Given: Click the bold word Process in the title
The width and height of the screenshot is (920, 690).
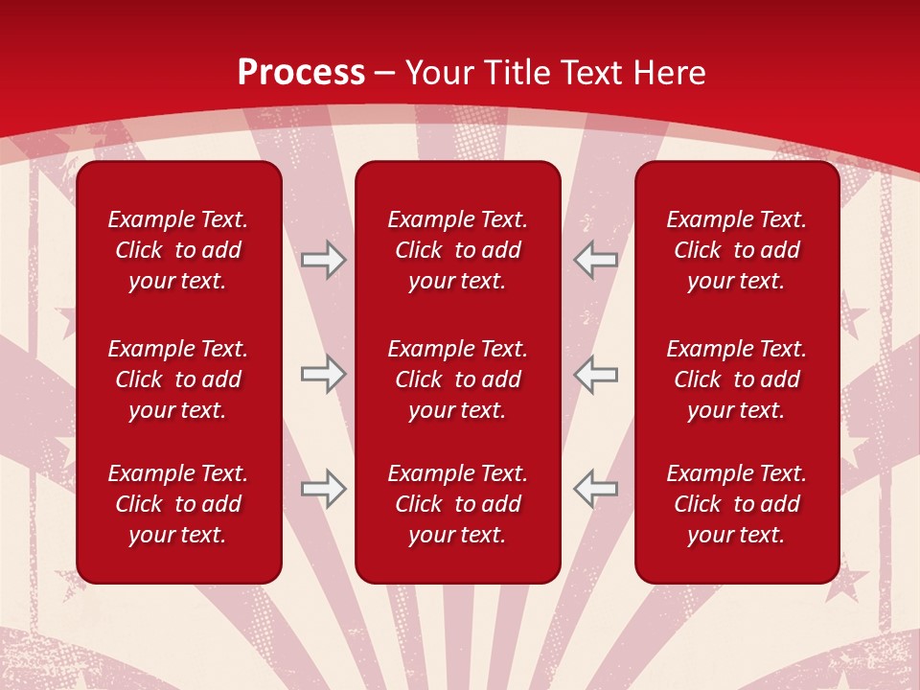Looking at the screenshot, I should point(301,73).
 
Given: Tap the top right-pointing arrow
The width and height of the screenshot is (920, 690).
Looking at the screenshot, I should point(323,260).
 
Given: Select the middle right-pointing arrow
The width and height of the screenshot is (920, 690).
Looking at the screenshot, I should point(323,375).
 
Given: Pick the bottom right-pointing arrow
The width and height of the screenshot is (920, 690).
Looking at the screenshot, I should point(323,489).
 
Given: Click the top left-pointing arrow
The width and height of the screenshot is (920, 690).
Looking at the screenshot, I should point(596,260).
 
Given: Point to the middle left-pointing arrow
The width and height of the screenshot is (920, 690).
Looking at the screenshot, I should point(596,375).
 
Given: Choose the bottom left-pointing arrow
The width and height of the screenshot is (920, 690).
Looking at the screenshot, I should point(596,489).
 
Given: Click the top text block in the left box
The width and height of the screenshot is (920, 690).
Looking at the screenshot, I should point(178,250).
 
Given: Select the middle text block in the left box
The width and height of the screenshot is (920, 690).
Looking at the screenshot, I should point(178,379).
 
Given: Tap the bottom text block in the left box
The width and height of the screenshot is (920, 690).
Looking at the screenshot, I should point(178,504).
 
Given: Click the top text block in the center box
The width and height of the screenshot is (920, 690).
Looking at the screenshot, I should point(457,250).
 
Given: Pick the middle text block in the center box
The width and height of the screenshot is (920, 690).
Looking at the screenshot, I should point(457,379).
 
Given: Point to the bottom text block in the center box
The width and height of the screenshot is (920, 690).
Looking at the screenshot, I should point(457,504).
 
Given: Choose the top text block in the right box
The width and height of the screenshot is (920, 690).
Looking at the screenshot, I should point(736,250).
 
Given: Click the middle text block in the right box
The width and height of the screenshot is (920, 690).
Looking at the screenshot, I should point(736,379).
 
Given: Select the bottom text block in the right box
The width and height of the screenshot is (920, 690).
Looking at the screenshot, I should point(736,504).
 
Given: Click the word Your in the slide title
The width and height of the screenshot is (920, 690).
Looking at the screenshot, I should point(439,73).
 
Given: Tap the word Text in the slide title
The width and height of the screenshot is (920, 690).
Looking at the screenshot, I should point(593,73).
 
